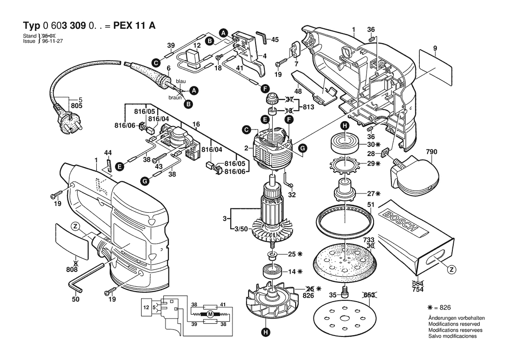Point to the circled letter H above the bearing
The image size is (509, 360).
pos(344,126)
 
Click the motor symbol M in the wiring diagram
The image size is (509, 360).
pos(209,314)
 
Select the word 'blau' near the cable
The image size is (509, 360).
pos(180,82)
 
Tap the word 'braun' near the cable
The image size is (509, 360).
pos(175,98)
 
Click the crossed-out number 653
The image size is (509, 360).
pos(369,295)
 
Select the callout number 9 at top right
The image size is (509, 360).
pos(435,48)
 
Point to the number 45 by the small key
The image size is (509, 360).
pos(274,39)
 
